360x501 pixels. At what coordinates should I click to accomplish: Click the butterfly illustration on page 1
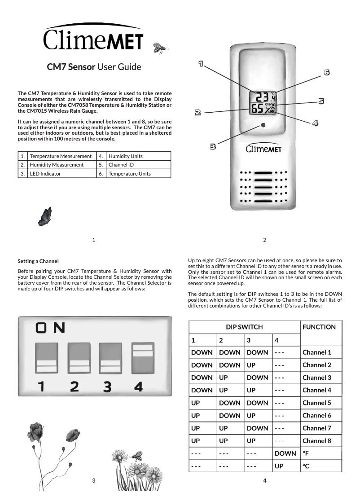click(45, 216)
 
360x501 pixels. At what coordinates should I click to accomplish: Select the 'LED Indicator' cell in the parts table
click(61, 173)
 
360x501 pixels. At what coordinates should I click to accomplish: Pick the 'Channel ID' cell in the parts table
click(138, 165)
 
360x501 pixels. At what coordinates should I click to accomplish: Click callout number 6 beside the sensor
click(327, 72)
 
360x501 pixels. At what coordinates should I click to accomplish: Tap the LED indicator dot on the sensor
click(263, 126)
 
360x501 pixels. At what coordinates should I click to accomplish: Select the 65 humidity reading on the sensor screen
click(258, 109)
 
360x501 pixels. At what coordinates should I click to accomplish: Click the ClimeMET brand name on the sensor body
click(263, 149)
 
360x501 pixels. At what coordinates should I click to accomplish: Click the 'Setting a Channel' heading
click(38, 261)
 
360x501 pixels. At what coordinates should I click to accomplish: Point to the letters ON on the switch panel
click(50, 328)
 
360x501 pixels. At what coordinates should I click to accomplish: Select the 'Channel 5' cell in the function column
click(316, 403)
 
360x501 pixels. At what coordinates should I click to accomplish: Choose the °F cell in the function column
click(307, 453)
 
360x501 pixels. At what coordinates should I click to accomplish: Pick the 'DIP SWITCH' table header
click(244, 327)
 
